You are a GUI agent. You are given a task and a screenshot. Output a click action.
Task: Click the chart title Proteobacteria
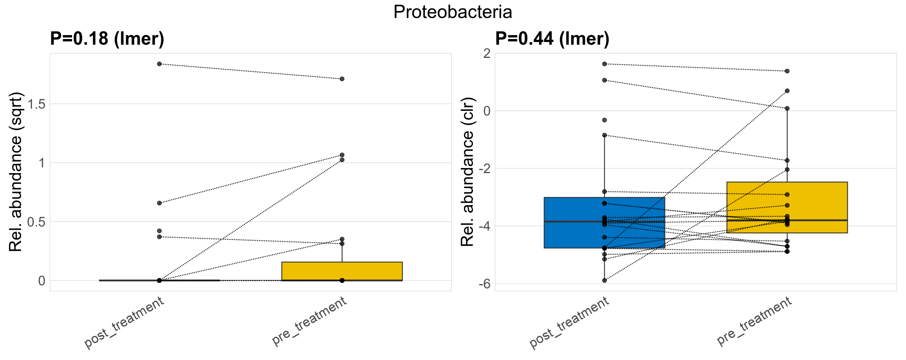[x=453, y=12]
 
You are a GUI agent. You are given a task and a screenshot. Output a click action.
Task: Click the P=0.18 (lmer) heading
[x=107, y=38]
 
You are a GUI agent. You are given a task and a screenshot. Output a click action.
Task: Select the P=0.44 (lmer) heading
[x=552, y=38]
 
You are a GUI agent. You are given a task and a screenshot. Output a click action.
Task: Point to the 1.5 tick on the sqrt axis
[x=37, y=104]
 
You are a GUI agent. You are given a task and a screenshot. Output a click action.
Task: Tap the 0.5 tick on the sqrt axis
[x=37, y=222]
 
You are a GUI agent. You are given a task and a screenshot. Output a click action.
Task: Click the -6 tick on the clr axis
[x=485, y=284]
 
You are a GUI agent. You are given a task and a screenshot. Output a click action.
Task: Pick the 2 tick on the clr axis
[x=487, y=54]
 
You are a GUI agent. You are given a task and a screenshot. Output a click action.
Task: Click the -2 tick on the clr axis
[x=485, y=169]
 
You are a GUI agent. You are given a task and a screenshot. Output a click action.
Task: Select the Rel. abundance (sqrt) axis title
[x=16, y=172]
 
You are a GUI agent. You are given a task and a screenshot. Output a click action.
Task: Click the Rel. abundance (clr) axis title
[x=467, y=172]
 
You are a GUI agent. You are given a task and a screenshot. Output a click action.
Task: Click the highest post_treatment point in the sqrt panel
[x=159, y=64]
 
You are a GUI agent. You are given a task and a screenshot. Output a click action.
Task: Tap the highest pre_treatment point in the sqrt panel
[x=342, y=79]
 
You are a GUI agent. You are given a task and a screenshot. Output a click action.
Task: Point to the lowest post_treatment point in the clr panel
[x=604, y=280]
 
